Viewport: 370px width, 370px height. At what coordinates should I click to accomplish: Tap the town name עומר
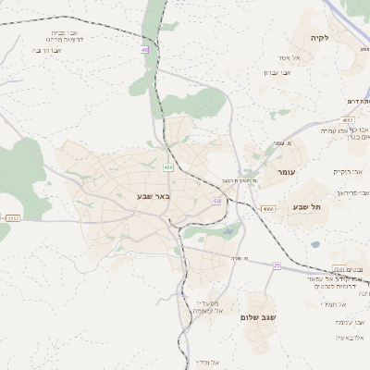coord(286,173)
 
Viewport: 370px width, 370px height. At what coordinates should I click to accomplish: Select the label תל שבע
coord(305,207)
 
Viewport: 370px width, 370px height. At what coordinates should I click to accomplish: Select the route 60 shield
coord(216,200)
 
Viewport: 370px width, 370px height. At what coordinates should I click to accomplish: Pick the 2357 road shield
coord(12,217)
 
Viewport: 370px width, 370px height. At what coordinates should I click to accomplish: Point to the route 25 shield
coord(276,265)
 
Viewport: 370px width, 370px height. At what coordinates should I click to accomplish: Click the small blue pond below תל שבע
coord(315,244)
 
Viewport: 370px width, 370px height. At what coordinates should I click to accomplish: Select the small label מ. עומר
coord(296,143)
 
